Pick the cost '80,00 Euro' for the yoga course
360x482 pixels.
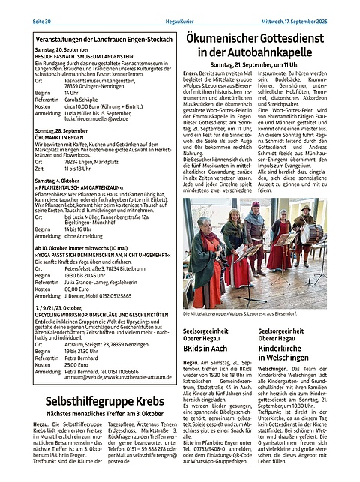[x=79, y=288]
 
